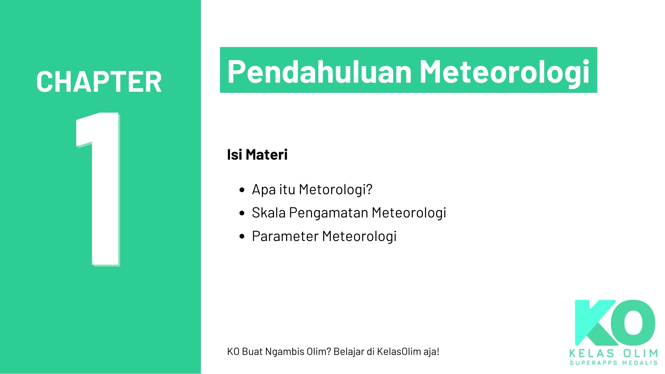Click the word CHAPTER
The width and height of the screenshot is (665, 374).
pyautogui.click(x=99, y=82)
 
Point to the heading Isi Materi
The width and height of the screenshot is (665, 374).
pyautogui.click(x=257, y=154)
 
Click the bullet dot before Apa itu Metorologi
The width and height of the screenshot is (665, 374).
pyautogui.click(x=242, y=190)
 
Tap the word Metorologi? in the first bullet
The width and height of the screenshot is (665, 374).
pyautogui.click(x=336, y=189)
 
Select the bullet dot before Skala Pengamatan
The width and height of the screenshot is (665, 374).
pyautogui.click(x=242, y=213)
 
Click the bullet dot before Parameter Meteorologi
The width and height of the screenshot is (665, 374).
pyautogui.click(x=242, y=237)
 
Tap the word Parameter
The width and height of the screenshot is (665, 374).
pyautogui.click(x=285, y=236)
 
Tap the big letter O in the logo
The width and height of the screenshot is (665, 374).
pyautogui.click(x=633, y=322)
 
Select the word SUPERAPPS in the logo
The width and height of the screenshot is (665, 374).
pyautogui.click(x=594, y=363)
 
